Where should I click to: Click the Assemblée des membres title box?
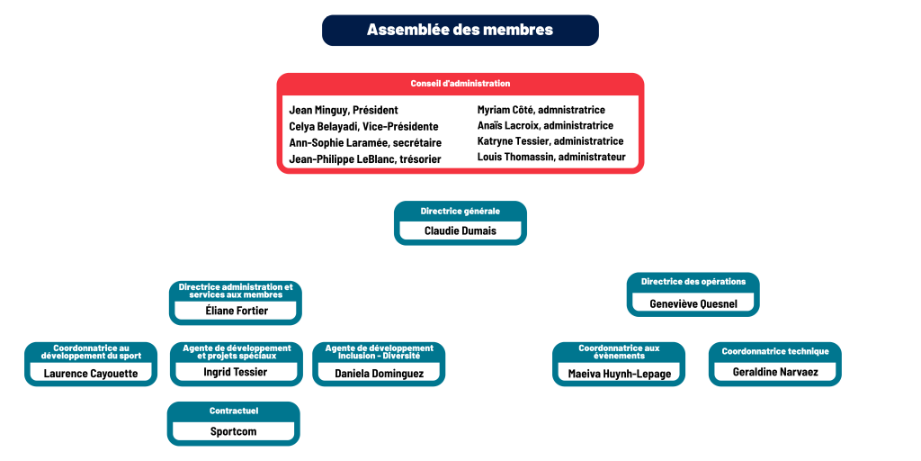[x=460, y=30]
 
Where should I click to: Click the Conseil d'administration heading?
[x=460, y=84]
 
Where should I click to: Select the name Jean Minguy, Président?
[x=344, y=110]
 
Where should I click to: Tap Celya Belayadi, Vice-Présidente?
[x=363, y=126]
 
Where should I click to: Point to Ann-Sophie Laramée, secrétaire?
[x=365, y=142]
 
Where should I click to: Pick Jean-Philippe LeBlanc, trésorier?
[x=365, y=158]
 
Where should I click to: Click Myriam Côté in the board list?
[x=541, y=110]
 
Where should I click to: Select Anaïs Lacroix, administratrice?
[x=545, y=125]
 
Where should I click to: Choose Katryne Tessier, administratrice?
[x=550, y=140]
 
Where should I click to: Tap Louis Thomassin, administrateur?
[x=551, y=157]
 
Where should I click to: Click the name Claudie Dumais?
[x=460, y=230]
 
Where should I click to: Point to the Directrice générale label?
[x=460, y=211]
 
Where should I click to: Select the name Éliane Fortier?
[x=235, y=311]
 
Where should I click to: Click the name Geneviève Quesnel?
[x=693, y=303]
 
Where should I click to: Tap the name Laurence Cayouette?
[x=91, y=373]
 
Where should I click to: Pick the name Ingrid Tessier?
[x=235, y=371]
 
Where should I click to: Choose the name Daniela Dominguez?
[x=379, y=373]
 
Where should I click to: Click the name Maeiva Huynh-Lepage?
[x=619, y=373]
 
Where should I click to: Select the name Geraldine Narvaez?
[x=775, y=371]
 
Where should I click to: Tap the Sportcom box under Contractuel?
[x=233, y=431]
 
